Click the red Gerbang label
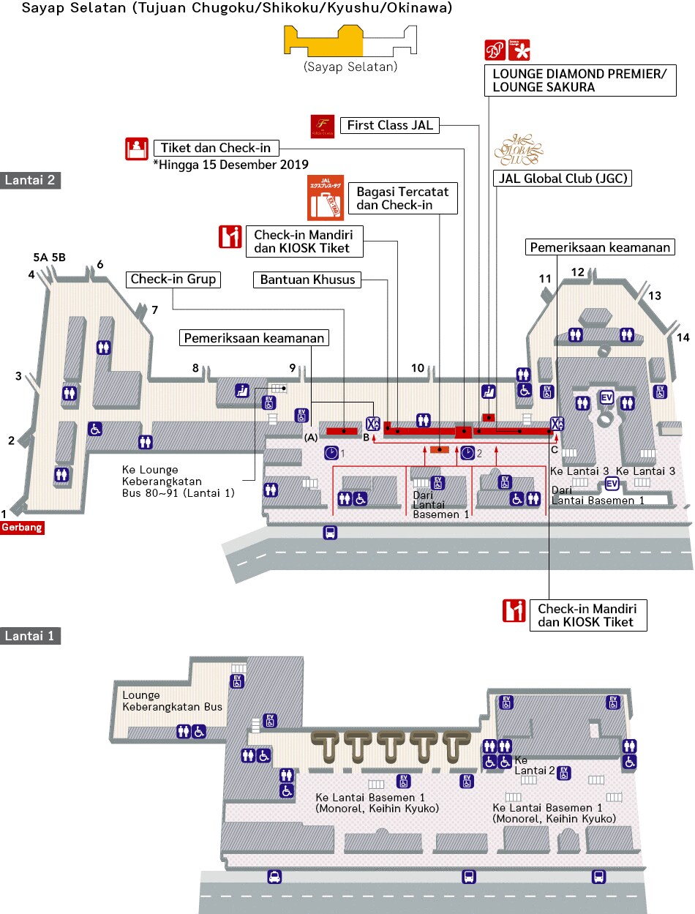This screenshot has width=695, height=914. pos(23,527)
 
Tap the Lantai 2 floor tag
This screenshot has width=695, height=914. pos(31,181)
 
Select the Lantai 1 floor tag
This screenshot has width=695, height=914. pos(31,636)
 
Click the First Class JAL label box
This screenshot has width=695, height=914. pos(390,125)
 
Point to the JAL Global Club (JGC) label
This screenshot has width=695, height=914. pos(562,178)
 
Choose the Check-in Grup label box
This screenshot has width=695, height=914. pos(174,279)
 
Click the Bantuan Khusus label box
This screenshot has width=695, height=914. pos(307,280)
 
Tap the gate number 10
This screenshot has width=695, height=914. pos(418,368)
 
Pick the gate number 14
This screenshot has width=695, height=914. pos(683,337)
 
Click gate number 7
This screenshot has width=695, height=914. pos(154,310)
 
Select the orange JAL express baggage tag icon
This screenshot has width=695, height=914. pos(326,197)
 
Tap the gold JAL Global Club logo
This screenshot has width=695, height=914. pos(519,149)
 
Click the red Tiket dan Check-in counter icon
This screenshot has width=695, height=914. pos(135,149)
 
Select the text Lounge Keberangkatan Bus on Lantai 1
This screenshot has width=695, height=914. pos(172,701)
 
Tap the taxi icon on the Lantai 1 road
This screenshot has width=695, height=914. pos(274,877)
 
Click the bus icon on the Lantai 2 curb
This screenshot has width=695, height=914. pos(330,532)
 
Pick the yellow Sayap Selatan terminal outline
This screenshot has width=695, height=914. pos(326,42)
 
